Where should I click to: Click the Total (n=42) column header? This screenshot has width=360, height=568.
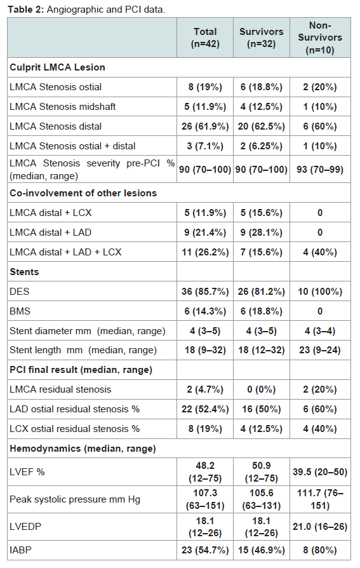tap(205, 37)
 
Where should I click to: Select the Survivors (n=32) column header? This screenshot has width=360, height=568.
tap(261, 37)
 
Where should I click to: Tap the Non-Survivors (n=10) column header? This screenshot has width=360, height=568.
tap(320, 37)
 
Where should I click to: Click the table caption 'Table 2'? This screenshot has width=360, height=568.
tap(25, 10)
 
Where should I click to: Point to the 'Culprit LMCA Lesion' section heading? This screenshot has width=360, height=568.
tap(57, 67)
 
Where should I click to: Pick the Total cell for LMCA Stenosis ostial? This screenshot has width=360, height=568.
tap(205, 87)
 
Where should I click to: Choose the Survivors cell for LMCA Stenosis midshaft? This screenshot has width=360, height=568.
tap(261, 107)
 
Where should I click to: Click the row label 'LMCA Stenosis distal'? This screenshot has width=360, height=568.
tap(55, 126)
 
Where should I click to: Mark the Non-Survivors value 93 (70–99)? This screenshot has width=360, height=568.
tap(320, 169)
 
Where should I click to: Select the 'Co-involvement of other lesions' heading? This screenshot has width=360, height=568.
tap(83, 193)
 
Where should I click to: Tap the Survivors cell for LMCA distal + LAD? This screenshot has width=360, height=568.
tap(261, 232)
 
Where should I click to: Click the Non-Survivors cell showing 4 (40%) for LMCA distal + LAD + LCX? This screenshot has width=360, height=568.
tap(320, 252)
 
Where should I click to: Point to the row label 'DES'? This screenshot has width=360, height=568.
tap(20, 292)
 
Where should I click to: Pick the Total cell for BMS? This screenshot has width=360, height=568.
tap(205, 311)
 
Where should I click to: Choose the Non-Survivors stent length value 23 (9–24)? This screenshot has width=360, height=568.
tap(320, 350)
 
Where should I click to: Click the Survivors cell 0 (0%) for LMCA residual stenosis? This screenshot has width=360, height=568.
tap(261, 389)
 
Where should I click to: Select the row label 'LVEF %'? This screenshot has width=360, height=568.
tap(27, 472)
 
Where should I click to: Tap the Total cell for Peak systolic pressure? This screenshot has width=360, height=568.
tap(205, 499)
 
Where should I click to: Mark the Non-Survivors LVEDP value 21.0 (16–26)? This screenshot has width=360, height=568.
tap(320, 527)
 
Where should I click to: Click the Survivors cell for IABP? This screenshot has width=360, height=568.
tap(261, 550)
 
